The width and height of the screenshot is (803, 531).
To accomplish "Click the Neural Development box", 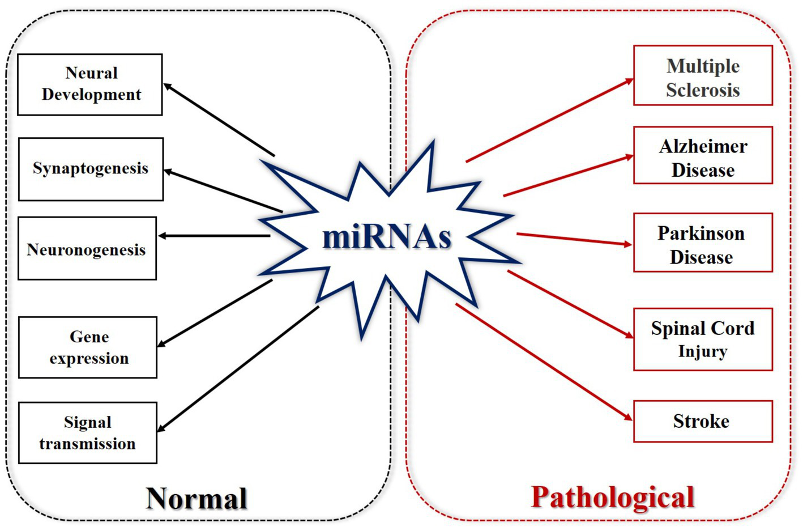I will point(90,84).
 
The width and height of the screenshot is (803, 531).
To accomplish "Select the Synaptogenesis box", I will point(91,169).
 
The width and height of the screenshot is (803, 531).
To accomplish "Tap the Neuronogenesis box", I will point(87,248).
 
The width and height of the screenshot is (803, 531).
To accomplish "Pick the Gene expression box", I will point(88,347).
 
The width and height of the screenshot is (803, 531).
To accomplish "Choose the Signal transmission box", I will point(87,433).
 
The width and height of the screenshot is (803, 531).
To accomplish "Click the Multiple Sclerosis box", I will point(702,76).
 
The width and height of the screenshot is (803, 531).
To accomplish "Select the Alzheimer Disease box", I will point(702,155).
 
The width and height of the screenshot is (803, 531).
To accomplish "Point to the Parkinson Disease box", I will point(702,243).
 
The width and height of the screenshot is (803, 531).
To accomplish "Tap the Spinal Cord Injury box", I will point(702,339).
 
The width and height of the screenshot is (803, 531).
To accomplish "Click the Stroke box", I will point(702,422).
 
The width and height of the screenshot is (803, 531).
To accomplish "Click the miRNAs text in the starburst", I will point(387,237).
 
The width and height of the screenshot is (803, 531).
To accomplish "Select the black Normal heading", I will point(197,499).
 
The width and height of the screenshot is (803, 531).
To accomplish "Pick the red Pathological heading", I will point(612,498).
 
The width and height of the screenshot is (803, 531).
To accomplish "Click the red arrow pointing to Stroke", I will point(544,362).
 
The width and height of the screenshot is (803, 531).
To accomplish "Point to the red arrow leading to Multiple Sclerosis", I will point(549,121).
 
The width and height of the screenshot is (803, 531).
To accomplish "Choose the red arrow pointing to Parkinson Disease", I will point(574,239).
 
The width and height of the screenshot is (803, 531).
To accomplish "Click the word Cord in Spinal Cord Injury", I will point(732,329).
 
